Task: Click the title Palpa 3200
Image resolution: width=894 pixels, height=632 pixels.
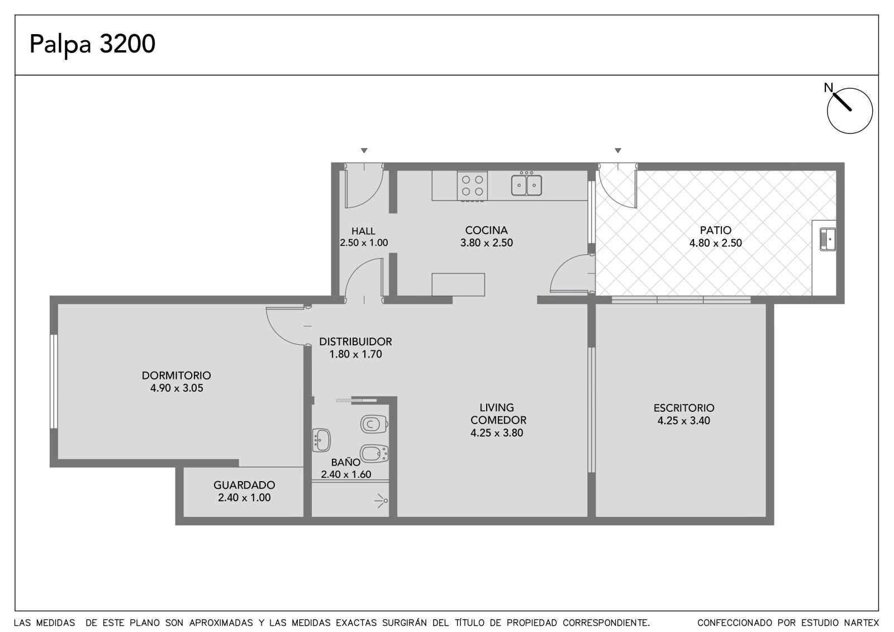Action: coord(92,44)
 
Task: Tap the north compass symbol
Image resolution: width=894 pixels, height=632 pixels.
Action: coord(849,110)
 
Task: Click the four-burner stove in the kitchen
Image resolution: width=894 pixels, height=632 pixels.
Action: coord(472,186)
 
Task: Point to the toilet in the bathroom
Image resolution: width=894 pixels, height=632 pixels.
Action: coord(374,424)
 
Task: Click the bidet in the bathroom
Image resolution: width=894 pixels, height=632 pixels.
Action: coord(374,453)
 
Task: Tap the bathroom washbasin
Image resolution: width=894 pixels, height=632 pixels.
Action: coord(321,440)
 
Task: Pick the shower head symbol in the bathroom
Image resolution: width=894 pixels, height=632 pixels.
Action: coord(381,501)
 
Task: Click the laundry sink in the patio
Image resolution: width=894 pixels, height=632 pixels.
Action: coord(828,239)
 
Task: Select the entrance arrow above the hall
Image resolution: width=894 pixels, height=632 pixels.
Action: coord(364,150)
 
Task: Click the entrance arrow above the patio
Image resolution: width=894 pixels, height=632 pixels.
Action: coord(618,150)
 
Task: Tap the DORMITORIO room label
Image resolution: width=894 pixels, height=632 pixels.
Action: coord(177,376)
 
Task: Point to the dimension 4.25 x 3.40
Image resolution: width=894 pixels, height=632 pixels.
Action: coord(684,420)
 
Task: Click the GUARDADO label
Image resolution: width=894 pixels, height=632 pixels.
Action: coord(244,485)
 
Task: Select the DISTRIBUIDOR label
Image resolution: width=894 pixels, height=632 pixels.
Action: coord(355,342)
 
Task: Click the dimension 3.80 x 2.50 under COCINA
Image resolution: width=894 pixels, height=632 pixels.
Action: coord(487,243)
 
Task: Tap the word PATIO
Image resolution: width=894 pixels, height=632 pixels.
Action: coord(716,230)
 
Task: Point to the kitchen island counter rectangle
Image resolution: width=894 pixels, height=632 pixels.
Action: coord(458,284)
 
